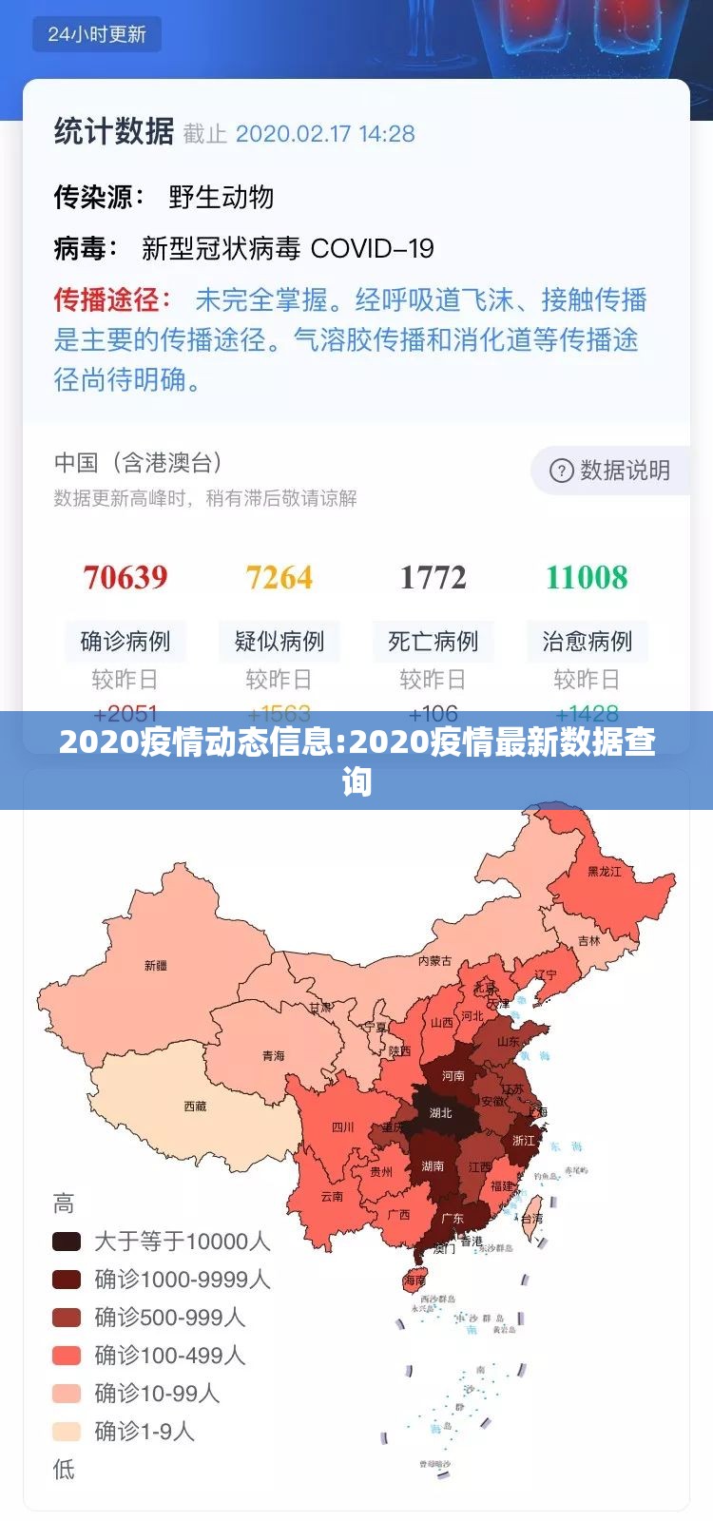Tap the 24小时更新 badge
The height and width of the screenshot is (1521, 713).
pyautogui.click(x=97, y=34)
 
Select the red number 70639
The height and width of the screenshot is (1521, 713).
pyautogui.click(x=125, y=577)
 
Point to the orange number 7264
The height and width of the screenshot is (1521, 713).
pyautogui.click(x=279, y=577)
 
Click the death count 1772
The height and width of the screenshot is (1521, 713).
pyautogui.click(x=433, y=577)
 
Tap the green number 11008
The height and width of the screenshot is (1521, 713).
pyautogui.click(x=587, y=577)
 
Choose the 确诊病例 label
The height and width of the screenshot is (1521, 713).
pyautogui.click(x=125, y=642)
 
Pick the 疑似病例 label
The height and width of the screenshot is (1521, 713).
pyautogui.click(x=279, y=642)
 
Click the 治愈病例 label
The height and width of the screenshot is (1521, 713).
pyautogui.click(x=587, y=642)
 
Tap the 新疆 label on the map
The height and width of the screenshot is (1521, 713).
pyautogui.click(x=156, y=966)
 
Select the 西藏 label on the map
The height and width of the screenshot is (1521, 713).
pyautogui.click(x=195, y=1107)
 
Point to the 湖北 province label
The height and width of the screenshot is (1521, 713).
pyautogui.click(x=440, y=1113)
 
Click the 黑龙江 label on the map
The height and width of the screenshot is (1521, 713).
pyautogui.click(x=604, y=872)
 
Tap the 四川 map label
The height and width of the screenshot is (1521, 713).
pyautogui.click(x=342, y=1127)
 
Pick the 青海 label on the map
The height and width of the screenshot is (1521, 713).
pyautogui.click(x=273, y=1056)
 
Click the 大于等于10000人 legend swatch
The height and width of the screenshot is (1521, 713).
pyautogui.click(x=67, y=1242)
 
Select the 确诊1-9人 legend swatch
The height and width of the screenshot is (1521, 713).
pyautogui.click(x=67, y=1432)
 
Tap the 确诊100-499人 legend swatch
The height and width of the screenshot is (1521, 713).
pyautogui.click(x=67, y=1356)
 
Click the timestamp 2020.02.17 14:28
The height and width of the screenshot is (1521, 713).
pyautogui.click(x=325, y=134)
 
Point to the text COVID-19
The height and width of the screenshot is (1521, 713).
pyautogui.click(x=372, y=249)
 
